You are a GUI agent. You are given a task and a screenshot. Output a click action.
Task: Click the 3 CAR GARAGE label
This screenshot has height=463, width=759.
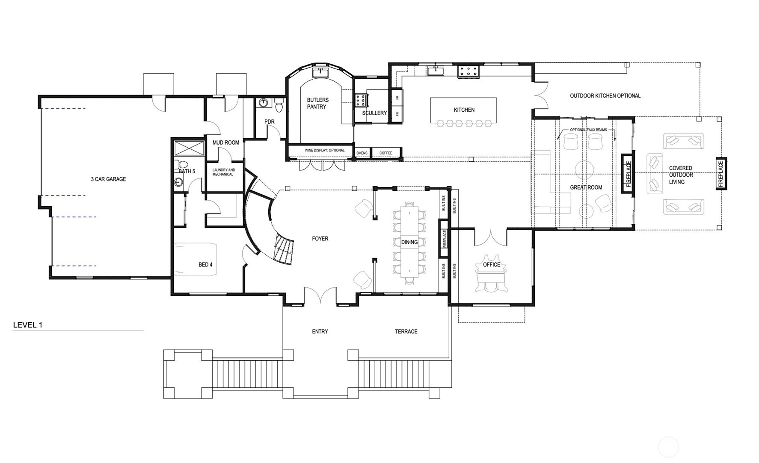[108, 179]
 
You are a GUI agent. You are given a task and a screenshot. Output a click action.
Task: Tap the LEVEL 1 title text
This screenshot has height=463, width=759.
[27, 325]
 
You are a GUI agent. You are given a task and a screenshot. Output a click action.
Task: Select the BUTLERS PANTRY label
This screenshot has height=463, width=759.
[317, 104]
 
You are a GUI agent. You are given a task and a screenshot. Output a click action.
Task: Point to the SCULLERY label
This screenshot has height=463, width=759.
[374, 113]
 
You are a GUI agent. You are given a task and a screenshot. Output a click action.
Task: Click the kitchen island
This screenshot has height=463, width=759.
[463, 110]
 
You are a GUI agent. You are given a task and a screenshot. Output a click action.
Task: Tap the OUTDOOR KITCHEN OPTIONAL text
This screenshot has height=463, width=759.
[605, 96]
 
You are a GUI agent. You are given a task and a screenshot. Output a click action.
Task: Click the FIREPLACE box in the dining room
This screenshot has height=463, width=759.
[444, 239]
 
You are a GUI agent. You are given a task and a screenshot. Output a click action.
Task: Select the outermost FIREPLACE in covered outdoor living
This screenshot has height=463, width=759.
[720, 174]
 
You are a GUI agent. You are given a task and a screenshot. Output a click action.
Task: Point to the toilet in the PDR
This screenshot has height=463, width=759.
[279, 105]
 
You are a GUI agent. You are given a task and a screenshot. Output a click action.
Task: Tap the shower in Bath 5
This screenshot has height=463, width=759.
[189, 148]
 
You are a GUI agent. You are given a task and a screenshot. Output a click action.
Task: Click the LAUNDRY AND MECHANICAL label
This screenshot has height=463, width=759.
[223, 172]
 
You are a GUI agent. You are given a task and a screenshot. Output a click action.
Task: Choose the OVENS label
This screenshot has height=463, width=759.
[362, 153]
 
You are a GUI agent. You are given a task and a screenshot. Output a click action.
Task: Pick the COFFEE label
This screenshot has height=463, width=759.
[385, 153]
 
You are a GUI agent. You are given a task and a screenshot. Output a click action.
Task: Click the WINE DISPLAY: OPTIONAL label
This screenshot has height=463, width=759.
[324, 151]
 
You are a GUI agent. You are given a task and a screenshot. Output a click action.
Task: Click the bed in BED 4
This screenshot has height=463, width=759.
[195, 259]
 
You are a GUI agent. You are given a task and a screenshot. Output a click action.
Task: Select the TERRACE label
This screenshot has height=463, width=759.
[406, 332]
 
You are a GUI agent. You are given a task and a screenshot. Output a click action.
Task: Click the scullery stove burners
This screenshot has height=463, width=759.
[359, 100]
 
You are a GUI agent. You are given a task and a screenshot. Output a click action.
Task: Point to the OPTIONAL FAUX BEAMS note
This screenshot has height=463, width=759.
[588, 130]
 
